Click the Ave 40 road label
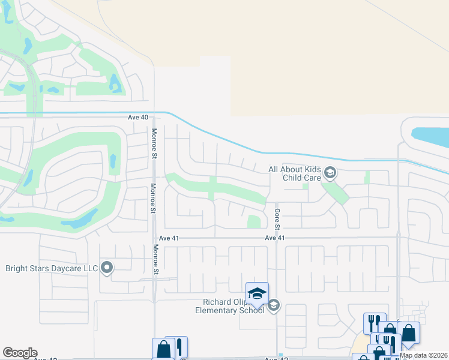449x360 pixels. pos(137,118)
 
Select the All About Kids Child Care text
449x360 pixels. pos(295,173)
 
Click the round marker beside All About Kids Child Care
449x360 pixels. pos(330,173)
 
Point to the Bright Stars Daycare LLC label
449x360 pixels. pos(52,268)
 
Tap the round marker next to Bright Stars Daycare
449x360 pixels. pos(107,268)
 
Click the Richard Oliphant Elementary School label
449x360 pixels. pos(230,305)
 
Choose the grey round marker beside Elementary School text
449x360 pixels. pos(274,305)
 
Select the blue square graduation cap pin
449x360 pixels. pos(257,293)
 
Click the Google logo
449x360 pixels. pos(20,353)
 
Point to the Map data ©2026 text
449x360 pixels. pos(424,355)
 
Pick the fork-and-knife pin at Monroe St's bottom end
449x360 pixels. pos(178,346)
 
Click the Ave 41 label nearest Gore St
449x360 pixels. pos(274,238)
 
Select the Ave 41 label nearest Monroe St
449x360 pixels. pos(163,238)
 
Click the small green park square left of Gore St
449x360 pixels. pos(254,221)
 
